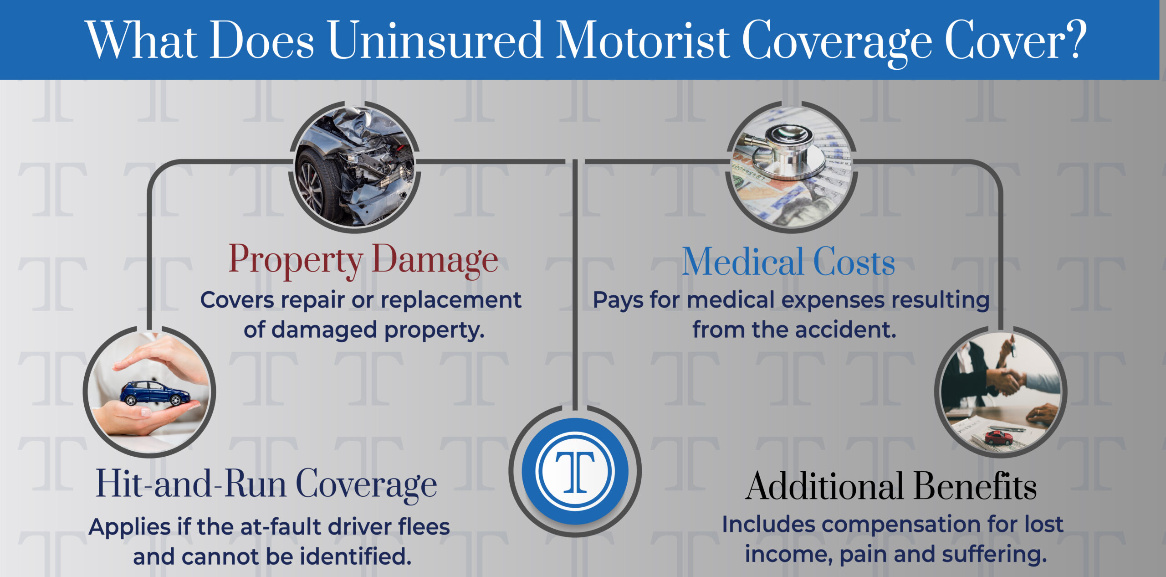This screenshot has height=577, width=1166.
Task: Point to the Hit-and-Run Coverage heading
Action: tap(266, 484)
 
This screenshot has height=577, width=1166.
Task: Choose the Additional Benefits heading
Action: tap(891, 486)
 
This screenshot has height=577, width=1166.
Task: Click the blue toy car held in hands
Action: tap(155, 393)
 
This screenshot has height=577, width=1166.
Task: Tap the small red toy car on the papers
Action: tap(998, 438)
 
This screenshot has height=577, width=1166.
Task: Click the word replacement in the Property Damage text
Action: tap(451, 300)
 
